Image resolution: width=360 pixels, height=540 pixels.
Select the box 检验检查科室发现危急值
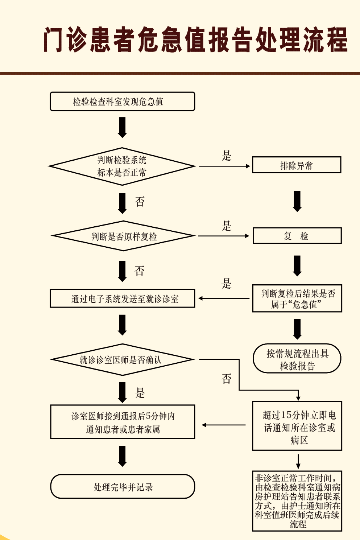pos(122,102)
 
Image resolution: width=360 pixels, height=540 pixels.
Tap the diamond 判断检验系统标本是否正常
pos(122,166)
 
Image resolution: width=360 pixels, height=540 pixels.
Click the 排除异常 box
pos(297,165)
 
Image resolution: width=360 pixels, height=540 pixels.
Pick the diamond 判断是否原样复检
pos(123,236)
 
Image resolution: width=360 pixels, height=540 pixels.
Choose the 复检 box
pos(297,236)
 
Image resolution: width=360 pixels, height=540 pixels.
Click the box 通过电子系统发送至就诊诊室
pos(123,298)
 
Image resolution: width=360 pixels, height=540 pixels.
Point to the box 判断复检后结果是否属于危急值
pos(297,298)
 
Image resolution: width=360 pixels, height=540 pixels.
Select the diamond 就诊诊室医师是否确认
pos(123,359)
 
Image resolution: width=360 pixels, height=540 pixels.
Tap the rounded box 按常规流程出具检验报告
pos(297,359)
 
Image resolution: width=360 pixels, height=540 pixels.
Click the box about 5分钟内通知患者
pos(123,422)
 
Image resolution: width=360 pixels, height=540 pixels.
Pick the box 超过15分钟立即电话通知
pos(297,426)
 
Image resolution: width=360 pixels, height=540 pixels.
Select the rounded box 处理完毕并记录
pos(123,487)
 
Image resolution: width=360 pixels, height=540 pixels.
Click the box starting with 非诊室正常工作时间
pos(297,501)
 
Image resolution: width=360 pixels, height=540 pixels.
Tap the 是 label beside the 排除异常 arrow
pos(227,156)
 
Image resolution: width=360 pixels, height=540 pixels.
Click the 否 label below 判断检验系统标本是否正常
pos(140,202)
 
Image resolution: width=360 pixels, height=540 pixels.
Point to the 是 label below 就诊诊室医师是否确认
pos(140,392)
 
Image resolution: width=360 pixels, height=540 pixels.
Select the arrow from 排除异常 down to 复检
pos(297,201)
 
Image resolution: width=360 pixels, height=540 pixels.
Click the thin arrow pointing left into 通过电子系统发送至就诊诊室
pos(224,298)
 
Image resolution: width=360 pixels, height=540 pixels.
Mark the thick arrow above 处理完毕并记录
pos(123,456)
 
